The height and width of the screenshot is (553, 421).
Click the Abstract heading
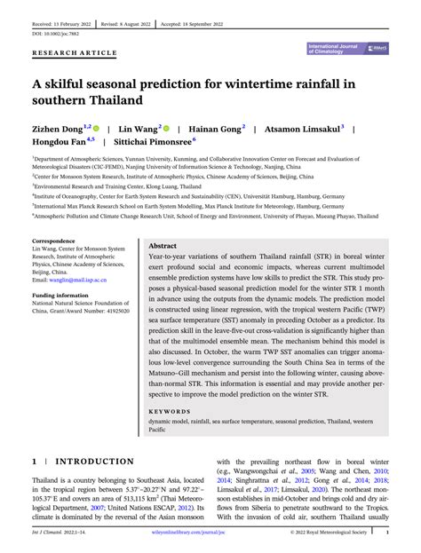pyautogui.click(x=163, y=245)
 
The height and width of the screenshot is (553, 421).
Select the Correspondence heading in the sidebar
pyautogui.click(x=53, y=241)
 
